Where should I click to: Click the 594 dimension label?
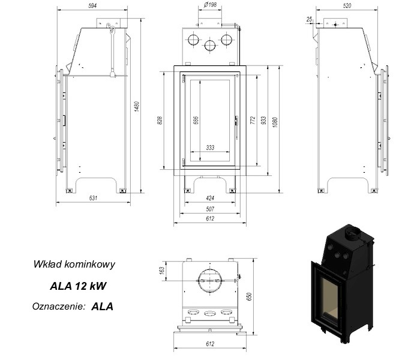point(92,5)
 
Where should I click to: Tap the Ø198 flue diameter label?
point(210,5)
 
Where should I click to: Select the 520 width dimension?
point(347,5)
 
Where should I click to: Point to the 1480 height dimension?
point(137,106)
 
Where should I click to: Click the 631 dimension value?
point(93,198)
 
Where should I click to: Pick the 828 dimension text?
point(160,121)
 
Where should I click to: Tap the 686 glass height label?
point(196,121)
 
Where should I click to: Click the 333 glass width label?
point(210,148)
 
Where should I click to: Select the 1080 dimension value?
point(275,122)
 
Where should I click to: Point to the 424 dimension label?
point(210,198)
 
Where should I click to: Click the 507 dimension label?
point(210,209)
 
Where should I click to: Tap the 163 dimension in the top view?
point(162,270)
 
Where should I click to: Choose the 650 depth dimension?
point(250,296)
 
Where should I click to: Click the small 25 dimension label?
point(310,19)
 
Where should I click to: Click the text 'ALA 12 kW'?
point(78,286)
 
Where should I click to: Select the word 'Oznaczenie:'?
point(59,306)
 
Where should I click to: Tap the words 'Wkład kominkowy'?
point(74,264)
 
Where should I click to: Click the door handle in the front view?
point(236,127)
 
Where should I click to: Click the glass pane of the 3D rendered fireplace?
point(330,298)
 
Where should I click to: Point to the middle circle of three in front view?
point(210,46)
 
